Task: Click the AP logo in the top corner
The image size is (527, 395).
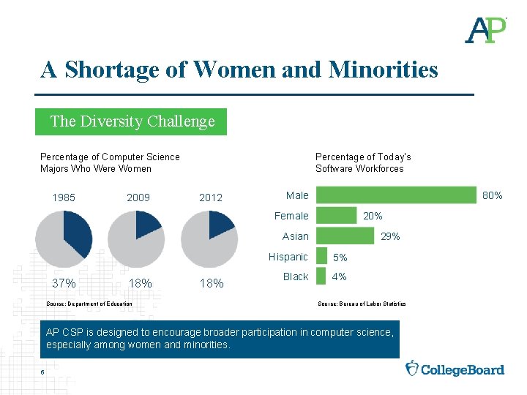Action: point(485,29)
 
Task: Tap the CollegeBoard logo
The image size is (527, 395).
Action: point(455,369)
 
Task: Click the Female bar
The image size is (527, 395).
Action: point(336,215)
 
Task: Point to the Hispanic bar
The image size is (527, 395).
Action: point(321,256)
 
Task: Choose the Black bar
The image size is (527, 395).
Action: point(320,276)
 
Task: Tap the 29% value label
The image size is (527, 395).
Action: point(390,236)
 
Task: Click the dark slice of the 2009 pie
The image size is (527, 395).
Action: point(146,223)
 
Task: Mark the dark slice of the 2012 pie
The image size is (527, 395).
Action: point(220,222)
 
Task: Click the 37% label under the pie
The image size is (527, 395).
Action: point(64,283)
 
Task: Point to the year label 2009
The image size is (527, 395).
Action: point(138,197)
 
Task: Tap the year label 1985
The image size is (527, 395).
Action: point(64,197)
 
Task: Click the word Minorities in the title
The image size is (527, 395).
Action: point(384,69)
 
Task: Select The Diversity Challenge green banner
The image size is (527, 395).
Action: point(132,121)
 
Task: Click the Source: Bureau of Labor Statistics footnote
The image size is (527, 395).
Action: point(362,304)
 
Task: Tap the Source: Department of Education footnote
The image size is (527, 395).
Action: point(89,304)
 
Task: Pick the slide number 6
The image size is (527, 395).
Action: point(43,372)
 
